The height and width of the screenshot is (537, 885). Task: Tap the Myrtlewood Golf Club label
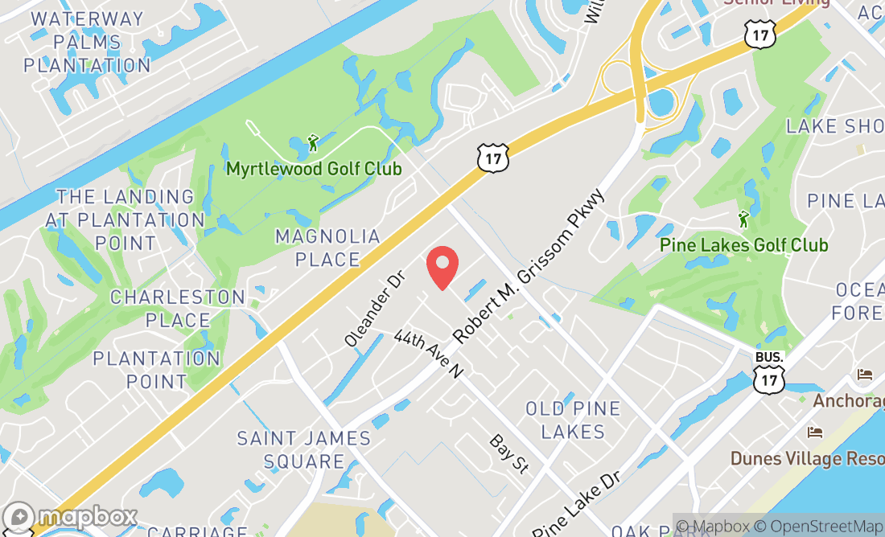click(313, 169)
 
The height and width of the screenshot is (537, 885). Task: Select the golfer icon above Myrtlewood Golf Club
click(313, 144)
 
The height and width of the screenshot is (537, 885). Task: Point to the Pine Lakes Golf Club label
click(743, 244)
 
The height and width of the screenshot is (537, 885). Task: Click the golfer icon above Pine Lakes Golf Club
click(743, 219)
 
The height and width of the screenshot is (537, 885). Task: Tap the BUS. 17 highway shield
click(768, 371)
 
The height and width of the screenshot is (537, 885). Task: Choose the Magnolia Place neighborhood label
click(327, 248)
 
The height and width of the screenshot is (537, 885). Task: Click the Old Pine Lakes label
click(573, 420)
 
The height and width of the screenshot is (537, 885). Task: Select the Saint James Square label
click(304, 450)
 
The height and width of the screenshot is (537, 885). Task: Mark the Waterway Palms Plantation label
click(87, 42)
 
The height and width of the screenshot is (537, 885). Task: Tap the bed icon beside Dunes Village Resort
click(815, 432)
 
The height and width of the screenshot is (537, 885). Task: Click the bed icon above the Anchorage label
click(865, 375)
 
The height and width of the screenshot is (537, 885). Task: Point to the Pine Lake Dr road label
click(577, 504)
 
